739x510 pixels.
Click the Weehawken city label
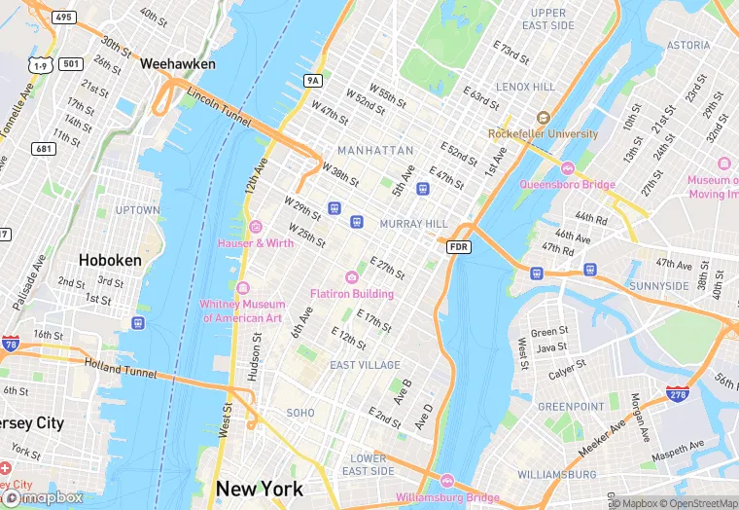[177, 63]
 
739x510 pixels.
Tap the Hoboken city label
[110, 260]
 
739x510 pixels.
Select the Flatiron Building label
[352, 293]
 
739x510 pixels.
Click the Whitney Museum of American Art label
[241, 310]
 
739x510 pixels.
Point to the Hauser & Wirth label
[255, 242]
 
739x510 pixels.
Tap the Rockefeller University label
[543, 133]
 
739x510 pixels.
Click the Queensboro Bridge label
[568, 184]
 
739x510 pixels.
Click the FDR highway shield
[460, 248]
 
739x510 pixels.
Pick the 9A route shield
[312, 80]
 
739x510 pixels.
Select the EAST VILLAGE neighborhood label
[365, 365]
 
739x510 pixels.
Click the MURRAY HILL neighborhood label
[413, 224]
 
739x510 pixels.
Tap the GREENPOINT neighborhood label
[572, 406]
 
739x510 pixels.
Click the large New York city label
[260, 489]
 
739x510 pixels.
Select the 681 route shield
[42, 148]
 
